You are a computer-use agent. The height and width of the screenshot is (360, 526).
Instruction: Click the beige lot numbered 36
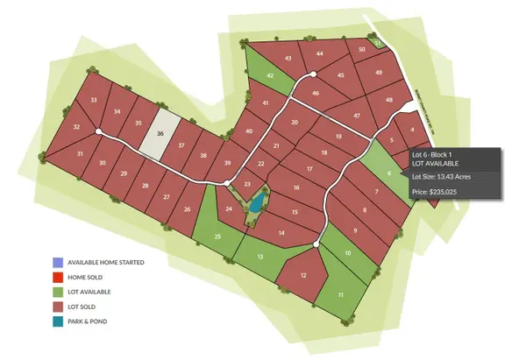160,135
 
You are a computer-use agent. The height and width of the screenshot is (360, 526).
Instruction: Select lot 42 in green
271,76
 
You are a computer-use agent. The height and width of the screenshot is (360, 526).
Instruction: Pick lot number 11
339,296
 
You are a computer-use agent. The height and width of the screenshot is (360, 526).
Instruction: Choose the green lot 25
217,237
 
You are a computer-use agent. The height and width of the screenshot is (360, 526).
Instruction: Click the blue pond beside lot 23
255,205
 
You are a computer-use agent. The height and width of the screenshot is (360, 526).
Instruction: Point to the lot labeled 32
77,128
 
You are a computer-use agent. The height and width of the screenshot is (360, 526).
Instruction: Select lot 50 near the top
361,51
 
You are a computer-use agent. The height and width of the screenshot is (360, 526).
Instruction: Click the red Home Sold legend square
58,277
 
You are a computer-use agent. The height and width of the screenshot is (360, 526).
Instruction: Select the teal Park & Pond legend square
58,321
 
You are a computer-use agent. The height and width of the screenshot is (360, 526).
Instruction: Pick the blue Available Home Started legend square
58,262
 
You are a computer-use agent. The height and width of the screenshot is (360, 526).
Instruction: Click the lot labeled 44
320,54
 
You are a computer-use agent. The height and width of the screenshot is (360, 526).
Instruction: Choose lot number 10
348,253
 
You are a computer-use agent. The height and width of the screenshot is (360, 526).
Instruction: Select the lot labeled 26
187,209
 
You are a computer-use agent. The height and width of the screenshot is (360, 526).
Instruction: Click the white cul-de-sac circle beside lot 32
98,132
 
